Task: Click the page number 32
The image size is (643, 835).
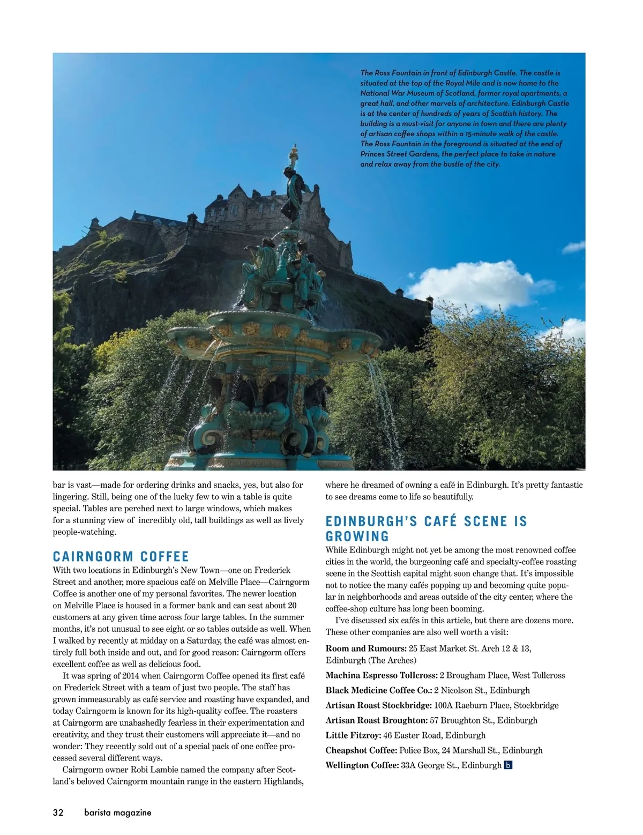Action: (58, 812)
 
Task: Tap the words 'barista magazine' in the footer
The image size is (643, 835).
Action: (117, 812)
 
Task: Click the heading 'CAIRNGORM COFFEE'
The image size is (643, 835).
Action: (121, 556)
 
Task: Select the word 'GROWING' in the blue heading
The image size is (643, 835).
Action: (357, 536)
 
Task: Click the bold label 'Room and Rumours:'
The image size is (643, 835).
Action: (366, 648)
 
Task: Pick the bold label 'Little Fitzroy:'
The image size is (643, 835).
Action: (353, 735)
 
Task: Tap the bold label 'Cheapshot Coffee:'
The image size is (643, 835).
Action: (361, 750)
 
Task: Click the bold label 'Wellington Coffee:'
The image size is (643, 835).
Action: (362, 765)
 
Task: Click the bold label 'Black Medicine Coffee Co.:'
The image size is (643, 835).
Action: (379, 690)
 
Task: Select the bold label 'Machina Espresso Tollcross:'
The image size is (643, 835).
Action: (382, 675)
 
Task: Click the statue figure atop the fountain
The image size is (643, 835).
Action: (293, 193)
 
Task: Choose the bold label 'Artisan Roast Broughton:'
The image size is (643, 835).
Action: (377, 720)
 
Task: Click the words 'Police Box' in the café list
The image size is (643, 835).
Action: (417, 750)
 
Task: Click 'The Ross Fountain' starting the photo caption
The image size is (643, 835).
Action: (387, 73)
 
